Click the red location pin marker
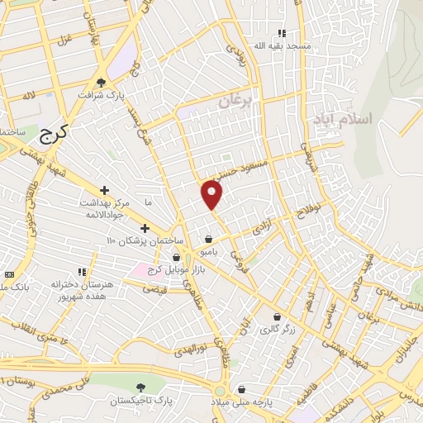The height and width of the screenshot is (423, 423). pos(212,194)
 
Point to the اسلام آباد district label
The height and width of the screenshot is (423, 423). pos(342,119)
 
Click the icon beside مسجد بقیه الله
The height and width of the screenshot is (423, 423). pos(282,34)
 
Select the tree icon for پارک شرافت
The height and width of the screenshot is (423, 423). pos(101,83)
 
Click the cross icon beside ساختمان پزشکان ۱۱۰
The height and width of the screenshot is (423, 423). pos(145,228)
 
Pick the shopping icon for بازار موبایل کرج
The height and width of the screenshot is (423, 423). pos(176,258)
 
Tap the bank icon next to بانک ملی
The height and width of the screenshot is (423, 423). pos(9,273)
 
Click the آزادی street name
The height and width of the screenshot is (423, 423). pos(263,226)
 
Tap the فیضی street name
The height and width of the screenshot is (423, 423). pos(156,289)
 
